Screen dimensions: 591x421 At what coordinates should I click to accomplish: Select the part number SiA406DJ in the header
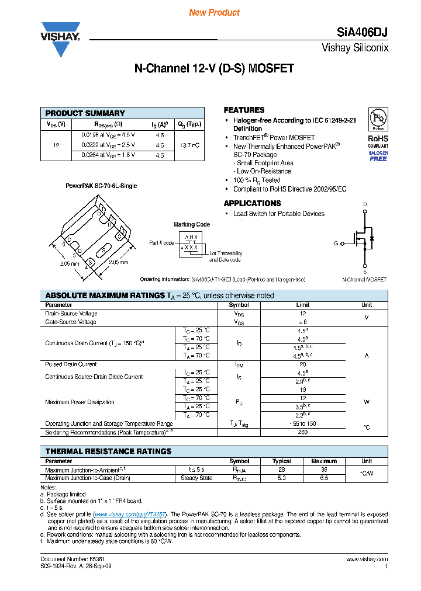[363, 33]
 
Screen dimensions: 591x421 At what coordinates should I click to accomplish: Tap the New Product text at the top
[214, 12]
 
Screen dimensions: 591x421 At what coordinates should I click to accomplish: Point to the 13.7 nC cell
[190, 145]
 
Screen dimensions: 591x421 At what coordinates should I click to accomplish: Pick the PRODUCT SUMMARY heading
[85, 113]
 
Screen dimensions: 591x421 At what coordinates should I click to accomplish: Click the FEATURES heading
[244, 110]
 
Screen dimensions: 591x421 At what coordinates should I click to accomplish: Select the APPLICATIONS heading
[252, 203]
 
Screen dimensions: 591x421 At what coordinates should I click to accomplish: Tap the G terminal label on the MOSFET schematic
[336, 242]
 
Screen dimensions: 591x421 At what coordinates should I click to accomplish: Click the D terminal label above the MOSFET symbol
[365, 204]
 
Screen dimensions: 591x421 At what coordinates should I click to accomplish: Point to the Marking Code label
[192, 224]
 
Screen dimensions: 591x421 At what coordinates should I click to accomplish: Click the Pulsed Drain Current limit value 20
[302, 364]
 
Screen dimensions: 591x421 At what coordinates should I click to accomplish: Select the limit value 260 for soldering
[302, 432]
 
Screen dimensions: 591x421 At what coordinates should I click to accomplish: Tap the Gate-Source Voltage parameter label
[71, 322]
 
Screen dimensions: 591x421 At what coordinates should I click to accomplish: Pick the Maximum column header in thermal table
[324, 461]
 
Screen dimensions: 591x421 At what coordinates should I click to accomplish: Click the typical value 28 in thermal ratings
[282, 470]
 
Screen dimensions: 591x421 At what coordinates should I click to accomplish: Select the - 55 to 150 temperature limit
[302, 423]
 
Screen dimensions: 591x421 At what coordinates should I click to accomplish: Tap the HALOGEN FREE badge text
[378, 155]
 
